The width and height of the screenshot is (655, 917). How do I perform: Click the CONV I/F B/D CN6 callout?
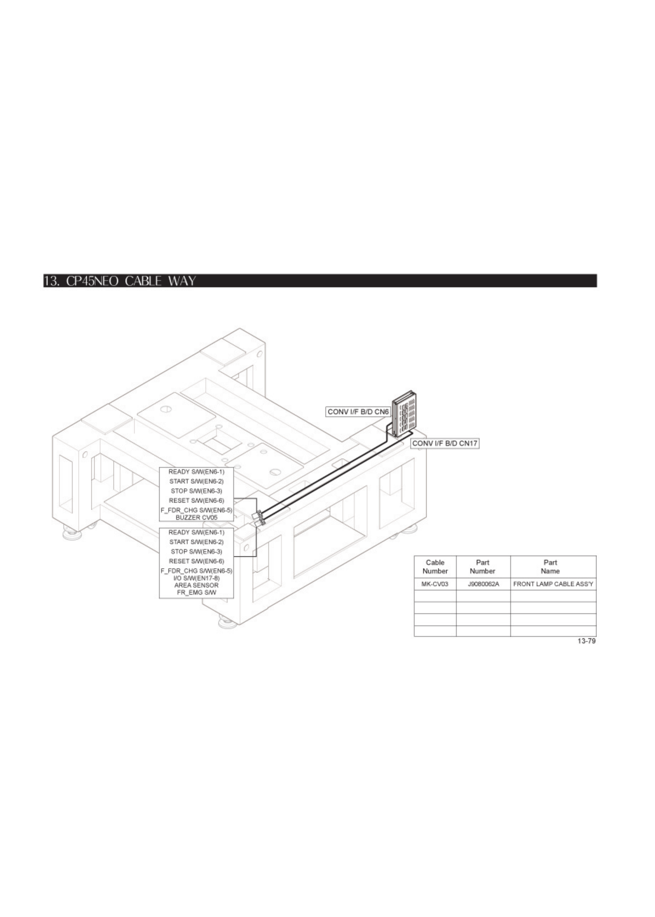[x=358, y=412]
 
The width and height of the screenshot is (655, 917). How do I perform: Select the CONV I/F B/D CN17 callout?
[x=445, y=444]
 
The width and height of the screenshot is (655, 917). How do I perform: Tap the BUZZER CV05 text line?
[x=197, y=518]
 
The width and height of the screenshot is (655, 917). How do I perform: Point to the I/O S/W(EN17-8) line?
[x=197, y=578]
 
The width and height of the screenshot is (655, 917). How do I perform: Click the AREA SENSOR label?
[x=197, y=585]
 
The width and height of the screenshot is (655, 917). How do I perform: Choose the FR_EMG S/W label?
[x=197, y=593]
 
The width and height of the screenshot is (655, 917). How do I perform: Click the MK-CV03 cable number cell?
[x=435, y=584]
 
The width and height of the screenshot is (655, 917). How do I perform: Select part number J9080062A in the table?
[x=483, y=584]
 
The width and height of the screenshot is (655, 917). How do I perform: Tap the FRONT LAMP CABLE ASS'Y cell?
[x=553, y=584]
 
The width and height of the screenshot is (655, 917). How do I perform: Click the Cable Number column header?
[x=435, y=567]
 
